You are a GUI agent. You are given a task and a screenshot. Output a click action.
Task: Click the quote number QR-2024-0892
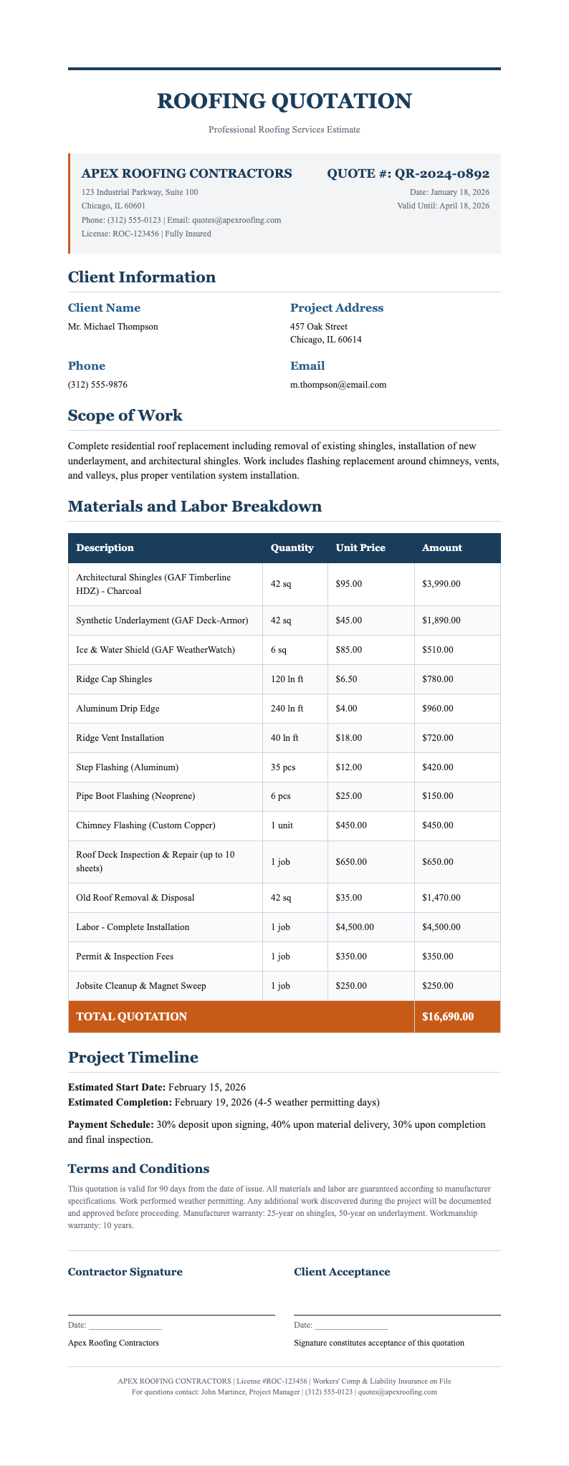pyautogui.click(x=408, y=173)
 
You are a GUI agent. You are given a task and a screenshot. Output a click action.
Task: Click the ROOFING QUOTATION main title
pyautogui.click(x=284, y=101)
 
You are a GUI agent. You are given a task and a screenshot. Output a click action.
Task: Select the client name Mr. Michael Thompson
pyautogui.click(x=113, y=327)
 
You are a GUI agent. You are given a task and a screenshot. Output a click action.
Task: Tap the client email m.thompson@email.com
pyautogui.click(x=338, y=385)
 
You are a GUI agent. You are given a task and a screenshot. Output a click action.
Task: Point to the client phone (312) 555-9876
pyautogui.click(x=98, y=385)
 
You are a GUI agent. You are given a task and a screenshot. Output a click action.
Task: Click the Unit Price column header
pyautogui.click(x=360, y=548)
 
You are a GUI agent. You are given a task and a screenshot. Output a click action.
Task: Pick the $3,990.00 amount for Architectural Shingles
pyautogui.click(x=442, y=584)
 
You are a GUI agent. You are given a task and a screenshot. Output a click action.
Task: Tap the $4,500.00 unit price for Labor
pyautogui.click(x=355, y=927)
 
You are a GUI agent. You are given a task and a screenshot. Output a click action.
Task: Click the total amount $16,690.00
pyautogui.click(x=449, y=1017)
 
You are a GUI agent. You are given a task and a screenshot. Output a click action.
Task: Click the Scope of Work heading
pyautogui.click(x=125, y=416)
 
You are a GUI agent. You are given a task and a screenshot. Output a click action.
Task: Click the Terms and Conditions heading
pyautogui.click(x=138, y=1169)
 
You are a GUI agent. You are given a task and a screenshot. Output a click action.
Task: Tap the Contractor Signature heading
pyautogui.click(x=125, y=1273)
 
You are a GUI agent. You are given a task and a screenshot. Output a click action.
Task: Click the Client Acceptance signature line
pyautogui.click(x=397, y=1314)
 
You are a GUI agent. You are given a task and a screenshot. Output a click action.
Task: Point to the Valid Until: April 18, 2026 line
pyautogui.click(x=443, y=206)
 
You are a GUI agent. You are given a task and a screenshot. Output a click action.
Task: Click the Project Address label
pyautogui.click(x=337, y=308)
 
